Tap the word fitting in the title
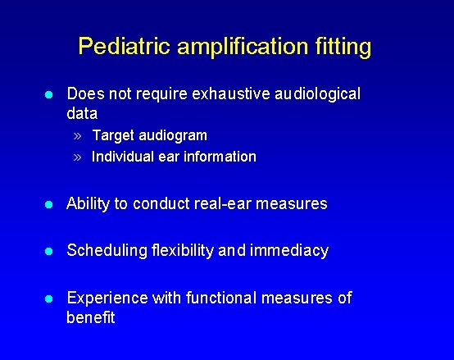(339, 46)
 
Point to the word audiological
(315, 93)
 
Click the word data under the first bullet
(82, 113)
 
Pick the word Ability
(89, 203)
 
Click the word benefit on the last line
(91, 317)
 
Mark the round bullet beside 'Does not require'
(49, 94)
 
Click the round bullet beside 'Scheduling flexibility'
(49, 251)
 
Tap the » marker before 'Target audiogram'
(77, 135)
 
